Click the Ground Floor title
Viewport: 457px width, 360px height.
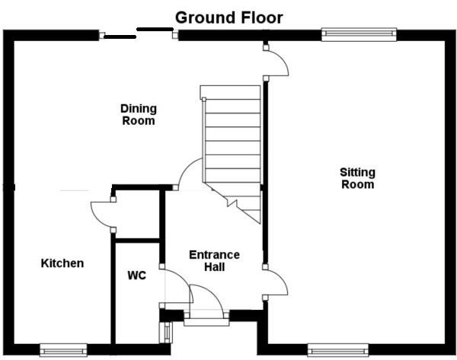(229, 17)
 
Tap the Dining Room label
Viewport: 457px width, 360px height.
(138, 114)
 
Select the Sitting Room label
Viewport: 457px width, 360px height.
(357, 178)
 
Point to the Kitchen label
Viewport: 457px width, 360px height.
(62, 263)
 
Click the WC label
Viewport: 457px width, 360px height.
(137, 275)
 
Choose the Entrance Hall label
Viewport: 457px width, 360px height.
(214, 260)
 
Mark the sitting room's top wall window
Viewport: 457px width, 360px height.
(359, 33)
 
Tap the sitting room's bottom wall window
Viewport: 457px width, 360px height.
(338, 350)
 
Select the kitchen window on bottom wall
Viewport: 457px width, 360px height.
(65, 350)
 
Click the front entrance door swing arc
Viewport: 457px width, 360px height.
(206, 297)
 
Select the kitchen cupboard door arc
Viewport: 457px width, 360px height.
(100, 215)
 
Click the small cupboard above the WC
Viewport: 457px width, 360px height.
(137, 215)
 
